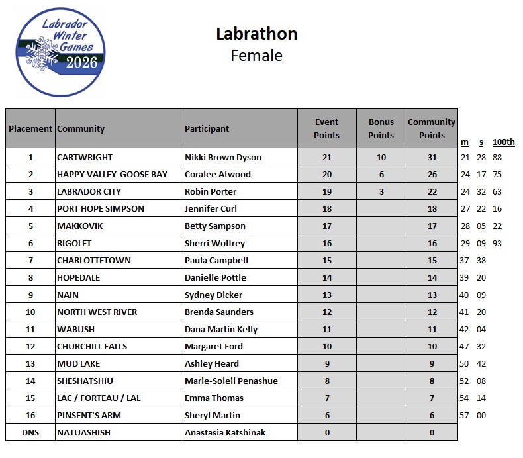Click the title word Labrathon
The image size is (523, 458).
click(x=256, y=34)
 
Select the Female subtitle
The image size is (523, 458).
click(x=256, y=56)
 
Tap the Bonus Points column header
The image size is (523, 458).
click(x=381, y=128)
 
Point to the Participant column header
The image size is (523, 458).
click(x=207, y=128)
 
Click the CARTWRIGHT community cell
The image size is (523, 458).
click(x=85, y=157)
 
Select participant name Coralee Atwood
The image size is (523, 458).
click(x=218, y=174)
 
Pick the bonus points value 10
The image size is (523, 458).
click(x=381, y=157)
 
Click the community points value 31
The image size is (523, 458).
click(x=432, y=157)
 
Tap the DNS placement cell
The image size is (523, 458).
click(x=30, y=432)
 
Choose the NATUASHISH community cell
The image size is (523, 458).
click(x=83, y=432)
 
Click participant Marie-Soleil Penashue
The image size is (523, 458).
click(x=231, y=381)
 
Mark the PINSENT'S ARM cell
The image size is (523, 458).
click(x=89, y=415)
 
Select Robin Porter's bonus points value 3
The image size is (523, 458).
click(x=381, y=191)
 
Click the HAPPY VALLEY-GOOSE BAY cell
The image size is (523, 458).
click(x=112, y=174)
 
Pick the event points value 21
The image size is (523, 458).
click(x=326, y=157)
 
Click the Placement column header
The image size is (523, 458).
click(x=30, y=128)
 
